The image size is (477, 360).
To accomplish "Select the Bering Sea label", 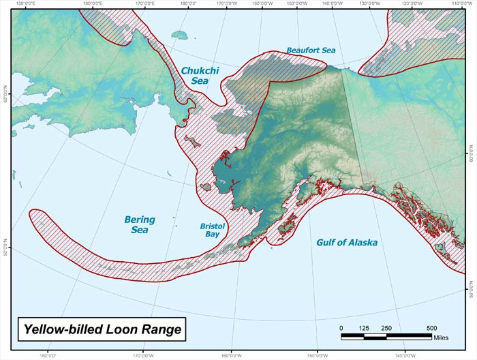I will (x=139, y=224).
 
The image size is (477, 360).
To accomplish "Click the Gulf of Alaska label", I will (x=347, y=242).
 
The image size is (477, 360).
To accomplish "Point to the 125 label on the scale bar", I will (x=365, y=328).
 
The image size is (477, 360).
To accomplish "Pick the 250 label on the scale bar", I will (x=386, y=328).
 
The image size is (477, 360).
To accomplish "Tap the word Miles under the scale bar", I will (x=442, y=336).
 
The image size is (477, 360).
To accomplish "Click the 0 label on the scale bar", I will (x=342, y=328).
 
